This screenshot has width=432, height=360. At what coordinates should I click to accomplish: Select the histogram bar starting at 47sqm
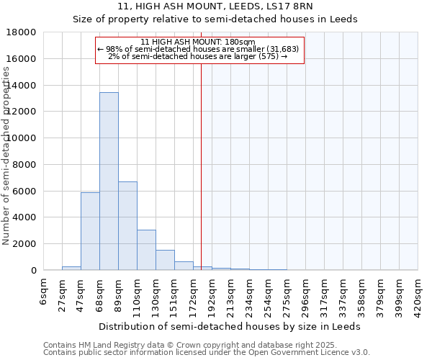[x=90, y=231]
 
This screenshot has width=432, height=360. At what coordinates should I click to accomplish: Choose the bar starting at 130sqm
[x=165, y=260]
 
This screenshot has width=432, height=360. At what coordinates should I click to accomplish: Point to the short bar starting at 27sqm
[x=71, y=268]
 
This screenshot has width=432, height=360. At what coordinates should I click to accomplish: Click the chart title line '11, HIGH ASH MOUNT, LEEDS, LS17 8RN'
[x=215, y=6]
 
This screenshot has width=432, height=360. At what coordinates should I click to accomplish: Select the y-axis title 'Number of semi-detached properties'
[x=6, y=155]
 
